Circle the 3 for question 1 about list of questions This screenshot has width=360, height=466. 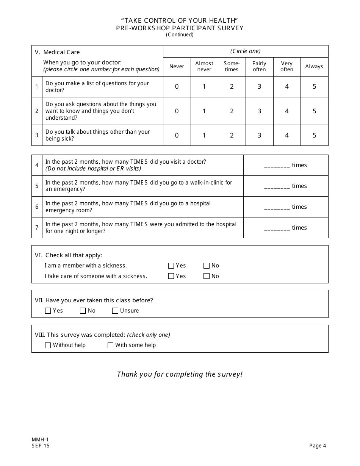[x=259, y=87]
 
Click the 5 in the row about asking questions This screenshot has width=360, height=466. [x=315, y=111]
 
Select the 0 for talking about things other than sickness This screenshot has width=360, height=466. [x=177, y=135]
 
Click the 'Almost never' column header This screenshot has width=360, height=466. [x=204, y=66]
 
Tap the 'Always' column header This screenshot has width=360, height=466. [x=314, y=66]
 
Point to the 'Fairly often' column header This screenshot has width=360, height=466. [x=259, y=66]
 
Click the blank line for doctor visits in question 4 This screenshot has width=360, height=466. [x=277, y=166]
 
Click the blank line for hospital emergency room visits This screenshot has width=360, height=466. [x=277, y=208]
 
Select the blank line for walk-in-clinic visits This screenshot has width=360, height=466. [x=277, y=187]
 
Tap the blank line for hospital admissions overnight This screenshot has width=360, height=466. [x=277, y=228]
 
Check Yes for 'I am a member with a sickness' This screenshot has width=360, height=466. [x=171, y=266]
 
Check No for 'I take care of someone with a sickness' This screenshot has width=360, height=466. [x=207, y=276]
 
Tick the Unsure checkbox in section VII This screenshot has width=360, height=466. [x=115, y=311]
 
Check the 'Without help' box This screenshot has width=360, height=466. [x=48, y=345]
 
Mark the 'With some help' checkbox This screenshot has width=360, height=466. [x=111, y=345]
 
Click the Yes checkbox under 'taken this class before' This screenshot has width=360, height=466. [x=48, y=311]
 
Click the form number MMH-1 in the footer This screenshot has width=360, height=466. [x=38, y=439]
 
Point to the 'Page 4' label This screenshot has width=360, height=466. [x=318, y=446]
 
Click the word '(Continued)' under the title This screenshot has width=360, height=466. [x=180, y=35]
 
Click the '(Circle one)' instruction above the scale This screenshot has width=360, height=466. [x=246, y=51]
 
